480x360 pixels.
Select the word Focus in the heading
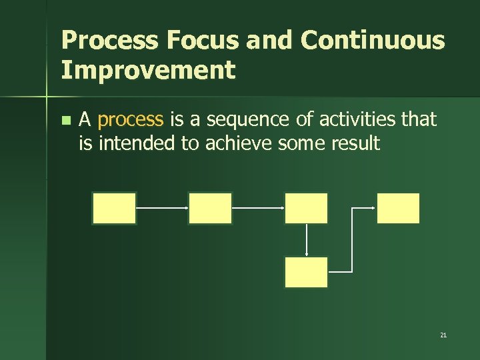coord(202,41)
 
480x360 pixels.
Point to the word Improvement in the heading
coord(148,69)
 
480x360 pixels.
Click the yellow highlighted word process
coord(130,120)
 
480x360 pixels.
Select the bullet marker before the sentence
coord(65,121)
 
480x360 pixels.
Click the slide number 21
coord(443,335)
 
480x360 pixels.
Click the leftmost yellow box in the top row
coord(114,208)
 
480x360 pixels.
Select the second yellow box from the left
coord(210,208)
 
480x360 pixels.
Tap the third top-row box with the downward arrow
coord(306,208)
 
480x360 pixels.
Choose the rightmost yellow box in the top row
coord(399,208)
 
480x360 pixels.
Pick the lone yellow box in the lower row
coord(306,272)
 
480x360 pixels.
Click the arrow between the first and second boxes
coord(162,207)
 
